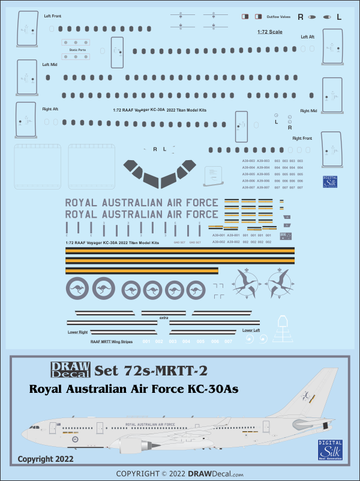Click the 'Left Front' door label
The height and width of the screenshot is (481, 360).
coord(52,16)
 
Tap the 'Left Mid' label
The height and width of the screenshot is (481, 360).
coord(50,64)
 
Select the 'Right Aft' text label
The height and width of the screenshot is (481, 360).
coord(51,109)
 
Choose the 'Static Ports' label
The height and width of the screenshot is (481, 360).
coord(77,50)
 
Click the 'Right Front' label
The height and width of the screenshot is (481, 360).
coord(304,138)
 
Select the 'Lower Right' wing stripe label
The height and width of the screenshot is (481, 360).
coord(78,331)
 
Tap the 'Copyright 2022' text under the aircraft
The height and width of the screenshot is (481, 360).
coord(46,459)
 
